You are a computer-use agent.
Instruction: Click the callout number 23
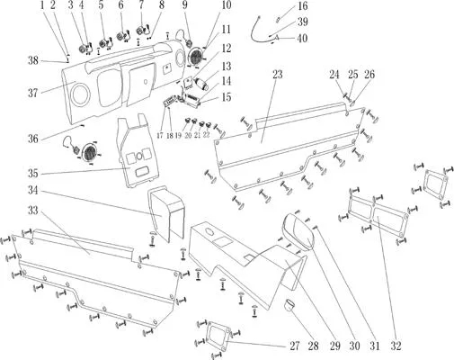click(278, 75)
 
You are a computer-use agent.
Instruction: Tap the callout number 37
click(33, 93)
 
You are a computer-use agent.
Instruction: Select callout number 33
click(33, 211)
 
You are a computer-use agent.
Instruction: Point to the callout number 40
click(302, 39)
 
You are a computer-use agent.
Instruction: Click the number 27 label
click(295, 346)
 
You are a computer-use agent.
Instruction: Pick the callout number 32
click(396, 346)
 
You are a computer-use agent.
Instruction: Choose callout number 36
click(33, 139)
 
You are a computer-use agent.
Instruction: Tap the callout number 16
click(302, 5)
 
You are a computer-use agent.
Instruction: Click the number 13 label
click(227, 67)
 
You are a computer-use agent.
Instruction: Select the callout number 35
click(33, 174)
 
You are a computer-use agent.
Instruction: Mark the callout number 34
click(33, 190)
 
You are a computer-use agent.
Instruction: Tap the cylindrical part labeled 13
click(202, 84)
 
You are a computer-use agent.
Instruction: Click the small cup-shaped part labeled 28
click(289, 305)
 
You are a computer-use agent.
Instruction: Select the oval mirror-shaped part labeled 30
click(298, 231)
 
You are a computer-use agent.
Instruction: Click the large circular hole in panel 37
click(80, 94)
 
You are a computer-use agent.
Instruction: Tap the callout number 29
click(335, 346)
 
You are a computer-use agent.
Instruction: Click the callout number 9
click(184, 4)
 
